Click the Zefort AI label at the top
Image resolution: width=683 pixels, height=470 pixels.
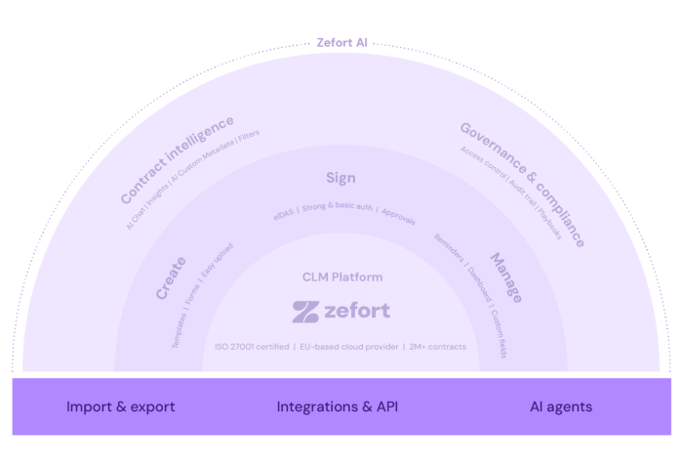pyautogui.click(x=341, y=43)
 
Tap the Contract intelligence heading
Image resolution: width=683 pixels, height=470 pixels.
pyautogui.click(x=178, y=159)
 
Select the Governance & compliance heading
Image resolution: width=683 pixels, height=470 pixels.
pyautogui.click(x=522, y=183)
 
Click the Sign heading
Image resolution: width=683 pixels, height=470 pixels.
pyautogui.click(x=341, y=178)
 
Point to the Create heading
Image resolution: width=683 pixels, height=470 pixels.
pyautogui.click(x=172, y=279)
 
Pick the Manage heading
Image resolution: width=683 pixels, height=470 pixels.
pyautogui.click(x=504, y=278)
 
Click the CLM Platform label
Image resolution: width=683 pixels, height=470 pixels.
pyautogui.click(x=341, y=278)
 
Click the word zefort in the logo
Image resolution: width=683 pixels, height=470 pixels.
pyautogui.click(x=358, y=312)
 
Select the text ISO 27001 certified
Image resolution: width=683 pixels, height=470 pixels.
pyautogui.click(x=252, y=347)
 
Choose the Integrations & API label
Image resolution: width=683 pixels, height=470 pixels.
pyautogui.click(x=338, y=406)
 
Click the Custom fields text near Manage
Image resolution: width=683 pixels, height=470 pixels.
pyautogui.click(x=499, y=335)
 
